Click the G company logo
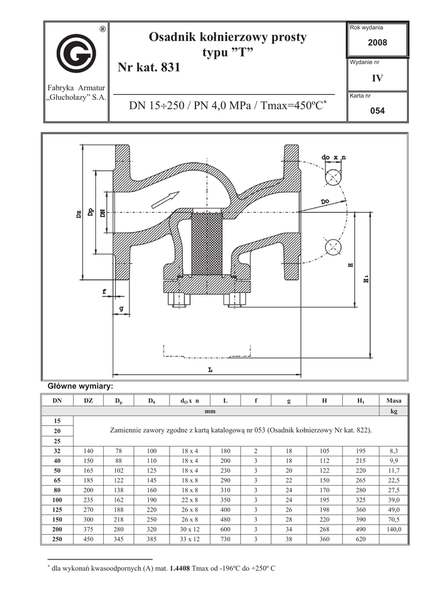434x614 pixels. point(76,53)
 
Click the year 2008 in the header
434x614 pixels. point(377,43)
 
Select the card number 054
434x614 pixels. point(378,111)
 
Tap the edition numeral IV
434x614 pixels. point(377,79)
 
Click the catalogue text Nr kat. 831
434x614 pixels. point(149,67)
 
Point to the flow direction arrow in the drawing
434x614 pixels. point(165,200)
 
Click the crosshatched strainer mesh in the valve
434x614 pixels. point(207,243)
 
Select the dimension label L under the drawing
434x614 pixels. point(210,369)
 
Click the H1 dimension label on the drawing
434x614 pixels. point(366,279)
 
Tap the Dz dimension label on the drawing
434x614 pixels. point(79,214)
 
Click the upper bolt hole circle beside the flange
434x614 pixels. point(333,177)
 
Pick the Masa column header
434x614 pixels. point(394,401)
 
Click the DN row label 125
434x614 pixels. point(57,510)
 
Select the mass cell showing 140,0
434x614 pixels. point(394,529)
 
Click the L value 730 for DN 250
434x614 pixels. point(225,539)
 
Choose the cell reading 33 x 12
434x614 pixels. point(190,539)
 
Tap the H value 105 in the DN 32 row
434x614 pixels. point(324,451)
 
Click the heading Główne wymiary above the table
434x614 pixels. point(80,387)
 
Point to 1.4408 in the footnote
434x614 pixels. point(180,568)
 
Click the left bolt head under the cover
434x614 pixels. point(179,300)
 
